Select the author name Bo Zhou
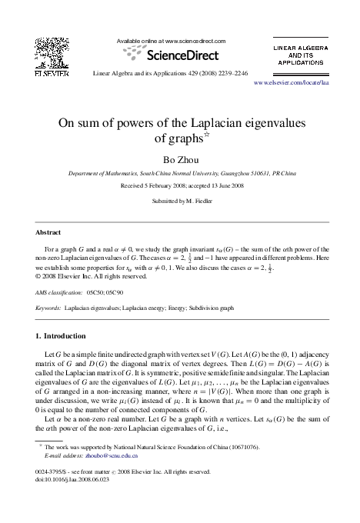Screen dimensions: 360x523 [x=179, y=159]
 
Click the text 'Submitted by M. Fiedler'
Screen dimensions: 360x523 [x=180, y=200]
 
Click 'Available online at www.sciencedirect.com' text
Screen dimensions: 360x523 [x=171, y=40]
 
